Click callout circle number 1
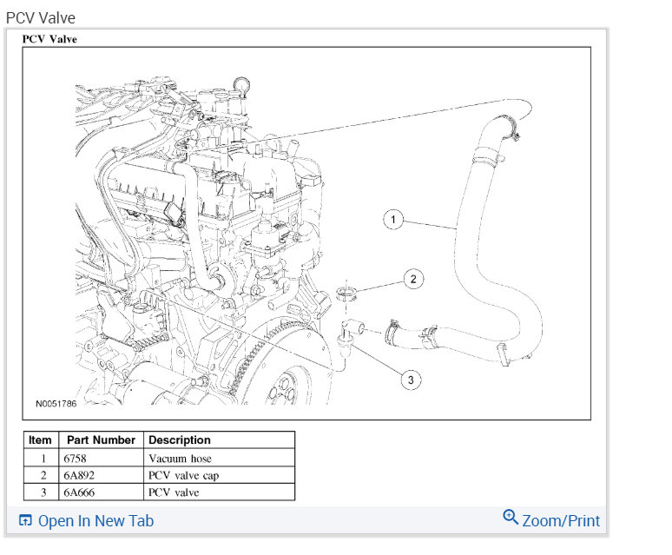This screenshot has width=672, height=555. pos(394,221)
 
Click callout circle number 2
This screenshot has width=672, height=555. pos(413,279)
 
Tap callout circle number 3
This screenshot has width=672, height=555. pos(411,378)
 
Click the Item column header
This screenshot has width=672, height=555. pos(40,440)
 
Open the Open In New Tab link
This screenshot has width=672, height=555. pos(96,521)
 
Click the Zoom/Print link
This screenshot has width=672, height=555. pos(561,520)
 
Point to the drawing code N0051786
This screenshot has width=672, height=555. pos(56,404)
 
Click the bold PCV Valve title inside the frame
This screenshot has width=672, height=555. pos(49,39)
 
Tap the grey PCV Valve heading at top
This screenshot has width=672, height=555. pos(40,17)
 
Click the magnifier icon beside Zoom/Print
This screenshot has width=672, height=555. pos(511,518)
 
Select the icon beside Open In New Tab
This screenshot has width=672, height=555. pos(25,521)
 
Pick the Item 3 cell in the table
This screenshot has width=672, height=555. pos(40,492)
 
